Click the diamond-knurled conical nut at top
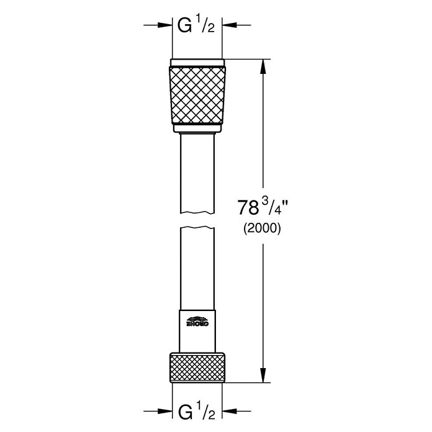[x=196, y=93]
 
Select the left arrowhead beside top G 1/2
[x=166, y=25]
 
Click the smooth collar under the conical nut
[x=196, y=128]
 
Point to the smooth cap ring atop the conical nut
[x=196, y=61]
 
